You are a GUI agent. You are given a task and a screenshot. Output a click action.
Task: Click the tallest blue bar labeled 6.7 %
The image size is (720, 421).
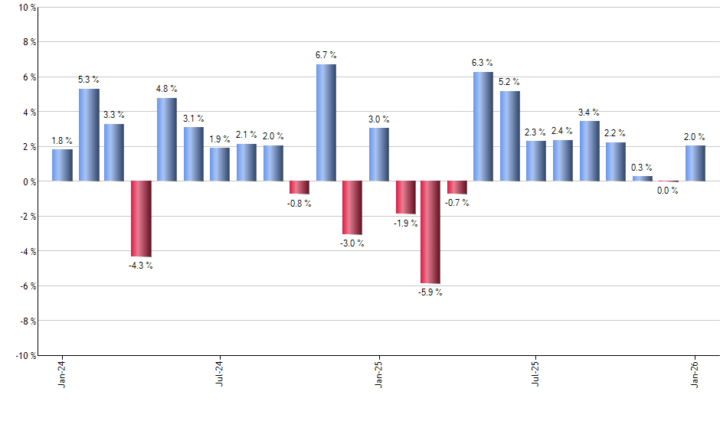coord(326,122)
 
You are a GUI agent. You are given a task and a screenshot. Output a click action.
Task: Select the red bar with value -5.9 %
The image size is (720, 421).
coord(430,232)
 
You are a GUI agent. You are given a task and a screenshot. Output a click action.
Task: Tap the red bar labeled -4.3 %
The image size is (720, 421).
coord(141,219)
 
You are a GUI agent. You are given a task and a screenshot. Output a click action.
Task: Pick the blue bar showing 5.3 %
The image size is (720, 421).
coord(89,135)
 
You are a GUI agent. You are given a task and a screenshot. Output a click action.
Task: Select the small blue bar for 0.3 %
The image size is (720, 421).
coord(642,178)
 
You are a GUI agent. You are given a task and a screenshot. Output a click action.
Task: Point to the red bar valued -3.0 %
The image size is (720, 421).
coord(352,207)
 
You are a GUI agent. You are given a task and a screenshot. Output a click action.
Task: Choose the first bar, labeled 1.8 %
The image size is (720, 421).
coord(62,165)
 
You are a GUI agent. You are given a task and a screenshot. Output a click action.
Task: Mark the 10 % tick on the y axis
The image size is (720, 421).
coord(28,8)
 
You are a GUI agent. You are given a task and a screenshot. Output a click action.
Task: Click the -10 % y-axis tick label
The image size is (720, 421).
coord(26,355)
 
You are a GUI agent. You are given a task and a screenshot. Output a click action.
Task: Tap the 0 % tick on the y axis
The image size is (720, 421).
coord(30,181)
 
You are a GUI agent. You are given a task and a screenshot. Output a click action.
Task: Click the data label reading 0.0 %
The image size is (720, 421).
coord(668,191)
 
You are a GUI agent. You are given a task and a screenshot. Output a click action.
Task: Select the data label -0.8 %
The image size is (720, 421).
coord(299,204)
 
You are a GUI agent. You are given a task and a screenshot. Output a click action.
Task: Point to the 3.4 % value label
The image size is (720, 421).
coord(589,113)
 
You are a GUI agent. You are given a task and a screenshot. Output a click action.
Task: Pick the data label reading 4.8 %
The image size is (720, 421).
coord(167,89)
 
